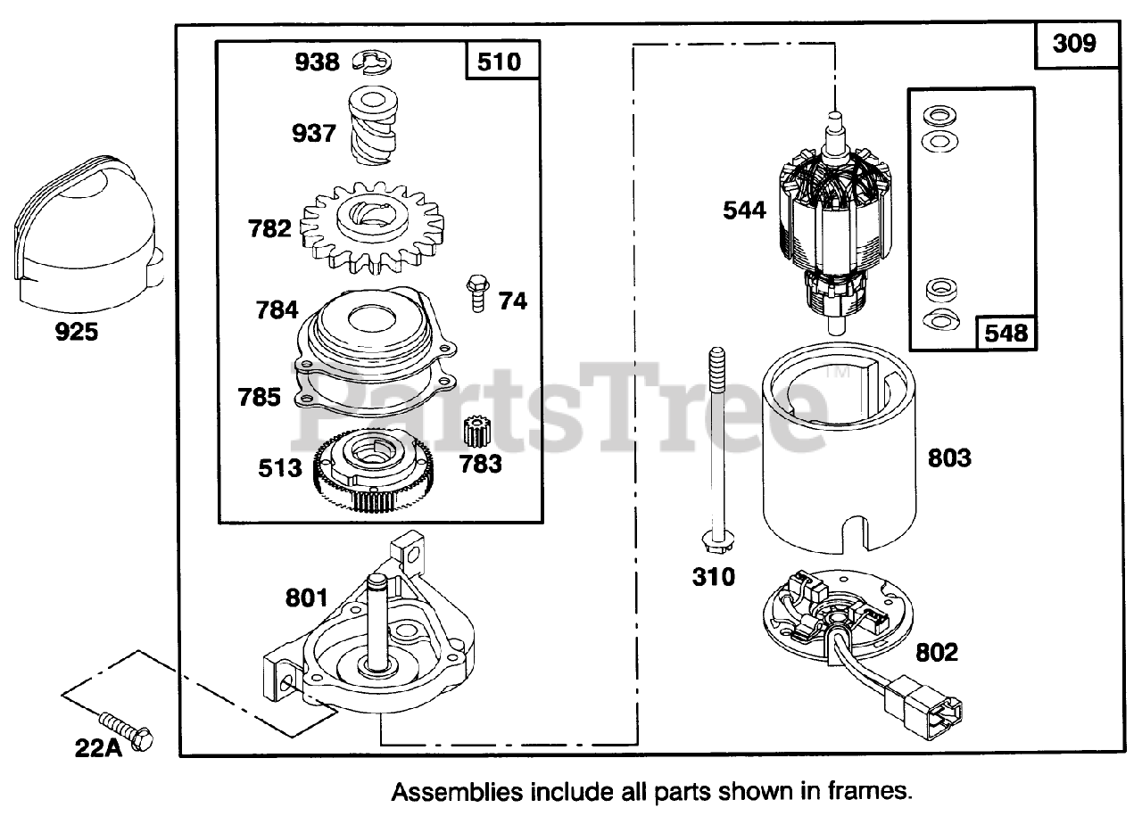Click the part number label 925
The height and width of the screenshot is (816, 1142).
77,334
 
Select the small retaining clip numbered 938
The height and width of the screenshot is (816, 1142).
373,62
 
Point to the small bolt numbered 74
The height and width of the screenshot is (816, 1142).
476,293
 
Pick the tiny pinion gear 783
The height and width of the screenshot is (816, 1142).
479,432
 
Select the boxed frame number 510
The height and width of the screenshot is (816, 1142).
503,63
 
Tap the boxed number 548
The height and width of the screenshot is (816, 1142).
1006,333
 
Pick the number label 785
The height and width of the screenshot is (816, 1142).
260,396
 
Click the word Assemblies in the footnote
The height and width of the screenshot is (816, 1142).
451,791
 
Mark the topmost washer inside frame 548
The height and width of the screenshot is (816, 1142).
937,115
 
